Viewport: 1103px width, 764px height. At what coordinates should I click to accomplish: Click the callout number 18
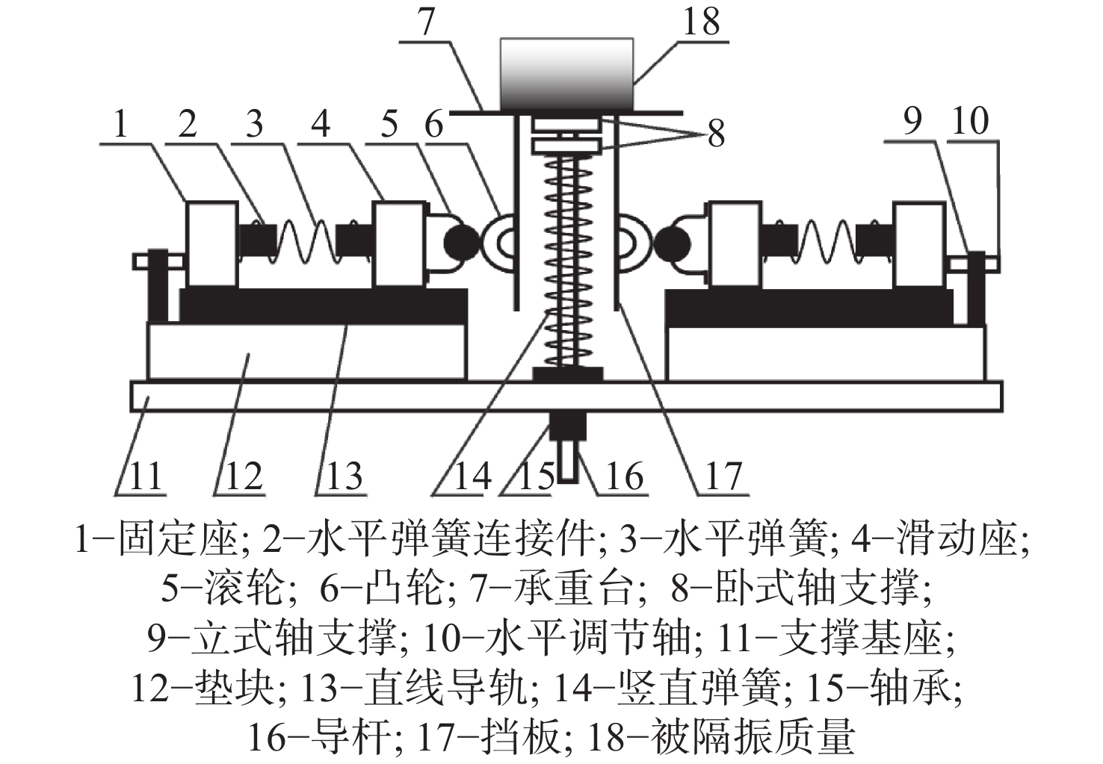(701, 22)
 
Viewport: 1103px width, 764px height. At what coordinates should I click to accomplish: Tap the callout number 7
(425, 22)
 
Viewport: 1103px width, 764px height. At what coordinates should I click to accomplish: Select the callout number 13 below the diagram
(345, 476)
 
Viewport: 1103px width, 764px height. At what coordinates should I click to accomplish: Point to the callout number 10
(970, 121)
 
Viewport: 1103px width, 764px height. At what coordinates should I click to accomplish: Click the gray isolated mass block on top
(566, 73)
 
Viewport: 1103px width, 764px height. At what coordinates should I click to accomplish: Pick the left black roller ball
(462, 243)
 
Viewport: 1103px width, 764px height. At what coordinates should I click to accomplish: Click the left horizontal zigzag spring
(306, 242)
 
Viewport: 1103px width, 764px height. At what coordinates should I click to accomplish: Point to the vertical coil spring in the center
(568, 261)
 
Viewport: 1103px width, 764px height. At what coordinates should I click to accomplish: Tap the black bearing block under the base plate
(568, 426)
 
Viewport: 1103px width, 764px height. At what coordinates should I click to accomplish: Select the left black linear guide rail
(324, 306)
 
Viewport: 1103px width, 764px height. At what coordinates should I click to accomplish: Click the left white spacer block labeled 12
(306, 351)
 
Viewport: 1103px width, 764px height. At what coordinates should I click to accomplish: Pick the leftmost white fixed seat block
(211, 243)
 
